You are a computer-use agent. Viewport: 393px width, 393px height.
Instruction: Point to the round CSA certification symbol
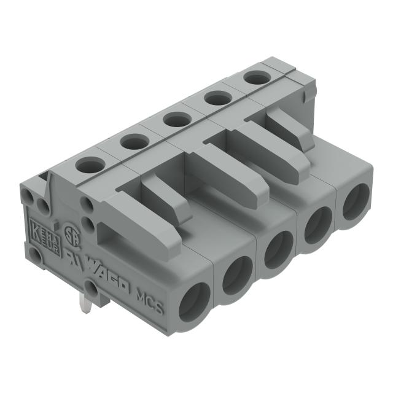[72, 238]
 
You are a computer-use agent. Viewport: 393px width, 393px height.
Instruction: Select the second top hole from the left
[133, 142]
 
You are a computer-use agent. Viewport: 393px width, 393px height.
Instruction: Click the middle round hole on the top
[176, 119]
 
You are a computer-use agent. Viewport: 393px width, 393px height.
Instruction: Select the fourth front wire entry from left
[317, 226]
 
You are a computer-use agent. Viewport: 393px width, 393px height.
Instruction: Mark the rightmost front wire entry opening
[355, 203]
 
